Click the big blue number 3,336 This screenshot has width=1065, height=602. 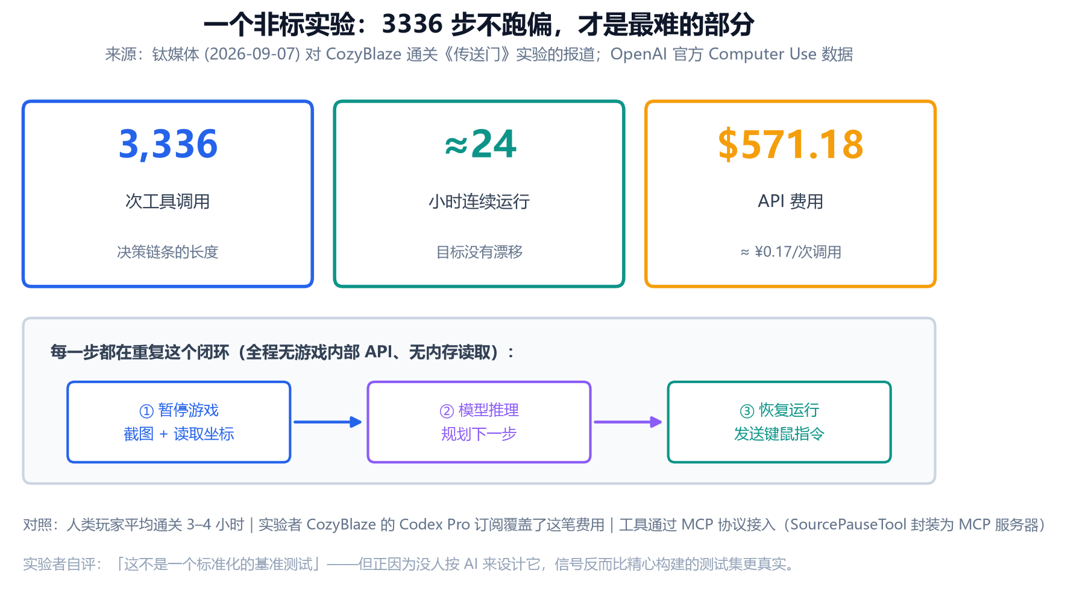pos(168,145)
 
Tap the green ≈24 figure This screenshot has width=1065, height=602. pos(480,144)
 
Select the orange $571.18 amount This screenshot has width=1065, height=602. pos(790,145)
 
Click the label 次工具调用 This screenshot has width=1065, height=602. pos(168,201)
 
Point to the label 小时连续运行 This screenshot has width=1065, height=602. pos(479,201)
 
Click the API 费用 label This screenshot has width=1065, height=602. pos(790,201)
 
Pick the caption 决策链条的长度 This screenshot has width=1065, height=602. pos(168,252)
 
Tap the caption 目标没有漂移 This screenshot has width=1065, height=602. pos(479,252)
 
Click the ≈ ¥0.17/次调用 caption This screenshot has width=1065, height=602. pos(790,252)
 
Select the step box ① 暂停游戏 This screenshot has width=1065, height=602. pos(179,422)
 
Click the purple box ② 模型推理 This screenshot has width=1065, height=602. pos(479,422)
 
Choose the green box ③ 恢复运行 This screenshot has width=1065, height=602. pos(779,422)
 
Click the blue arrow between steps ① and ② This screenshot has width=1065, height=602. pos(328,422)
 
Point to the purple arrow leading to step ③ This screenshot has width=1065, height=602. pos(628,422)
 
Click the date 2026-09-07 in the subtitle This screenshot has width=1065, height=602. pos(252,54)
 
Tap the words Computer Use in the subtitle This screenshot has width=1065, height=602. pos(762,54)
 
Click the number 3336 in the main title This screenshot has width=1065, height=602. pos(412,25)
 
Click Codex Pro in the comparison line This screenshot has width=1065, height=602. pos(435,525)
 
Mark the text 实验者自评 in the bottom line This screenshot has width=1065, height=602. pos(59,565)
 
